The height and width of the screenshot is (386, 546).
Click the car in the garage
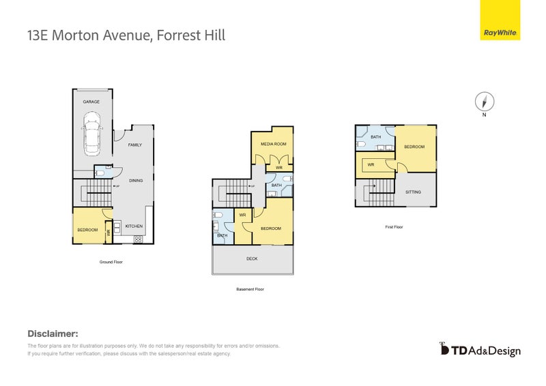[91, 134]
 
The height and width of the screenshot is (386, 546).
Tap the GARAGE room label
[91, 102]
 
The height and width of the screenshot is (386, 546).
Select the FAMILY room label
[134, 145]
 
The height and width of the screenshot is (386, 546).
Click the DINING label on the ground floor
[136, 180]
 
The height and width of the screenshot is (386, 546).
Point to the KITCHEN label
[134, 225]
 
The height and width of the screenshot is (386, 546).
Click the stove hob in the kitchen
[138, 239]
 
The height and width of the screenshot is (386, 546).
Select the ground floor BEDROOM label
[87, 230]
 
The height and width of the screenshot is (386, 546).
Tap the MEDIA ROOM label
[273, 144]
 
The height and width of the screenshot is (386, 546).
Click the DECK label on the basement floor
[252, 258]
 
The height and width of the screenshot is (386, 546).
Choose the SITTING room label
[413, 192]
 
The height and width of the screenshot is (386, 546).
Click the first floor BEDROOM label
[414, 147]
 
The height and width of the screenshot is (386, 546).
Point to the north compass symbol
[484, 102]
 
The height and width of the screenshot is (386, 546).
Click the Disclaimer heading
[53, 333]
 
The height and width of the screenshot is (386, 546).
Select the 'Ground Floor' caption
[111, 261]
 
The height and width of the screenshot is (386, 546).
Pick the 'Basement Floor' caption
[250, 288]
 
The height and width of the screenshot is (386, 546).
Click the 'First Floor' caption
[394, 226]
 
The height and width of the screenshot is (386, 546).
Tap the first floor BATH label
[375, 137]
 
